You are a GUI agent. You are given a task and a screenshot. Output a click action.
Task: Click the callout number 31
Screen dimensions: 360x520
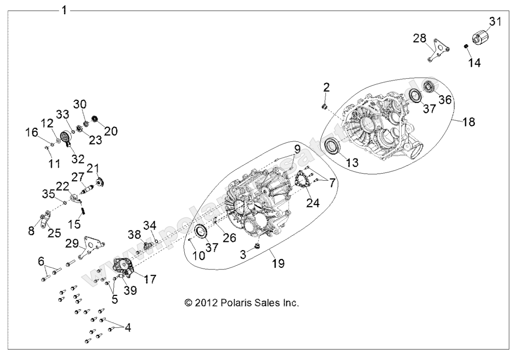tap(495, 22)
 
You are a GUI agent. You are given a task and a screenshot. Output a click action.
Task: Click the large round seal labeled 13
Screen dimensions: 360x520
tap(333, 146)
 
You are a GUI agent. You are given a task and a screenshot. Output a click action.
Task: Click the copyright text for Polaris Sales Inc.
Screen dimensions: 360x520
tap(241, 303)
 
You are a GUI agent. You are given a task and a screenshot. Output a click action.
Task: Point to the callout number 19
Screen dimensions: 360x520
tap(278, 263)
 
